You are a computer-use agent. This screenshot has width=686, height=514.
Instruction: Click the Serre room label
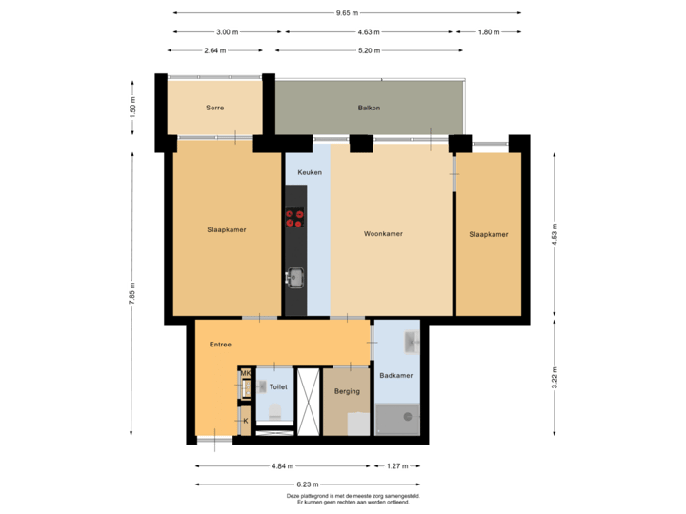coord(214,108)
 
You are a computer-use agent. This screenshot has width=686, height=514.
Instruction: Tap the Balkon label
coord(369,108)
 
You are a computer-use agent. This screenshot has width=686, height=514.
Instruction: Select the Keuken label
coord(310,172)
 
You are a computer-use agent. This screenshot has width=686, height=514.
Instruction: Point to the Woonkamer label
coord(383,234)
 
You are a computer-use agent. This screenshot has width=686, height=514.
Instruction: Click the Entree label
coord(220,345)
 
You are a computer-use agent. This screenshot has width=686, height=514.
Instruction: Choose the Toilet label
coord(278,387)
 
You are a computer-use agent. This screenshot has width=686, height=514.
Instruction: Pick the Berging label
coord(347,391)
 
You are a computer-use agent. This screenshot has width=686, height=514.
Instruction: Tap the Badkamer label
coord(395,376)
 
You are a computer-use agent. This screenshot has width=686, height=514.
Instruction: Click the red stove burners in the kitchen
coord(294,219)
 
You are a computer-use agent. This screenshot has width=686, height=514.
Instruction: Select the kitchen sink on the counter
coord(294,277)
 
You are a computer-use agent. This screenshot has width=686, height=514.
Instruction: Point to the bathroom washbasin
coord(411,341)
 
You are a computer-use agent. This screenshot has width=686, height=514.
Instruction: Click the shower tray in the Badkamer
coord(396,416)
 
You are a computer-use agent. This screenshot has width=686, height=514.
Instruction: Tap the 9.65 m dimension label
coord(347,13)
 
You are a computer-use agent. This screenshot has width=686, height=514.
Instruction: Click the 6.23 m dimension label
coord(307,484)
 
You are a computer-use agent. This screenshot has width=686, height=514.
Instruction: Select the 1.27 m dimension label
coord(396,466)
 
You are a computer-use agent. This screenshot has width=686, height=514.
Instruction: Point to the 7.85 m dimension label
coord(132,287)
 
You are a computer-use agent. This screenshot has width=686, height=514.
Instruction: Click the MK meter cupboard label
coord(245,373)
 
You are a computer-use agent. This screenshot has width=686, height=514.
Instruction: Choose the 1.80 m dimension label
coord(488,31)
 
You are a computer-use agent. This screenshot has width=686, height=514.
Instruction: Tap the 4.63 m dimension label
coord(366,31)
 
